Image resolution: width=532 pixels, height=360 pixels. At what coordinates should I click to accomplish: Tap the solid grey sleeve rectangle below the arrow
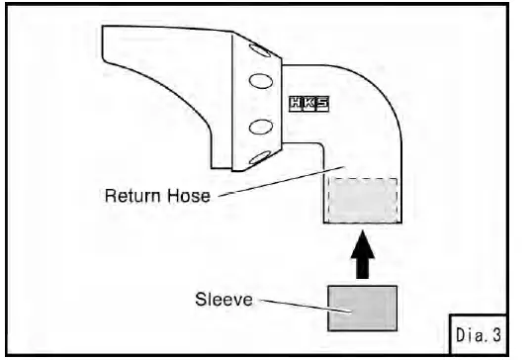pyautogui.click(x=362, y=308)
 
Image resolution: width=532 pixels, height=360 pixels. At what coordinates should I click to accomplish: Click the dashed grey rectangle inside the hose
pyautogui.click(x=362, y=200)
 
